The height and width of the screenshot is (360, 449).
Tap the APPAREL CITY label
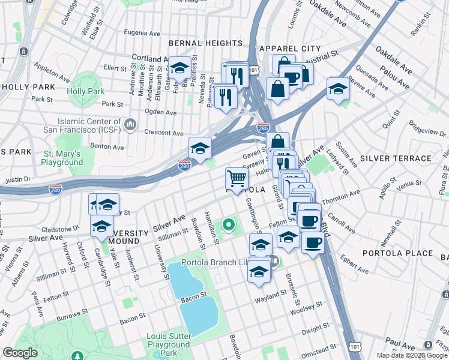[x=286, y=48]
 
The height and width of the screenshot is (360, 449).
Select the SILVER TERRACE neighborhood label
[x=396, y=158]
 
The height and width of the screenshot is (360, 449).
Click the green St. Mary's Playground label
[x=62, y=158]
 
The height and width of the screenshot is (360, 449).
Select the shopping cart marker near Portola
[x=237, y=178]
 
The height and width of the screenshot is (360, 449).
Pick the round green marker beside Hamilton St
[x=228, y=226]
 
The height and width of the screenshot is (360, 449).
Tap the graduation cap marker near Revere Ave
[x=339, y=89]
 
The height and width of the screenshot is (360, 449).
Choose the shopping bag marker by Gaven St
[x=277, y=143]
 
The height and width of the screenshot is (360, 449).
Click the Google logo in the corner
[x=20, y=353]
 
